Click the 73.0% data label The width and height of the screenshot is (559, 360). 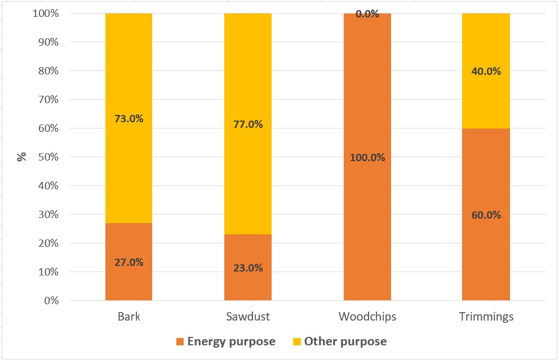tap(129, 119)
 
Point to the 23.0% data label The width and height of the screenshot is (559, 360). tap(248, 268)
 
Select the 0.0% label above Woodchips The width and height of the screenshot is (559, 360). tap(367, 14)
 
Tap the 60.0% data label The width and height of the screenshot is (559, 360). tap(486, 215)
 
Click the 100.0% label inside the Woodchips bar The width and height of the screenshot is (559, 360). tap(367, 158)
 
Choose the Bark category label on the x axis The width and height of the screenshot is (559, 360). tap(129, 317)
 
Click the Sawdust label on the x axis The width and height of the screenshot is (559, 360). tap(248, 317)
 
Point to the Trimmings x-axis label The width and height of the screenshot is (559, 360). tap(486, 317)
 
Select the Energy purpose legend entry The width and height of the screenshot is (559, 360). tap(225, 341)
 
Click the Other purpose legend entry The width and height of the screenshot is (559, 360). tap(340, 341)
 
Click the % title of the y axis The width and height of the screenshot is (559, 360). tap(22, 157)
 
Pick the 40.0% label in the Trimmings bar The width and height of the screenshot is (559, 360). tap(486, 72)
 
